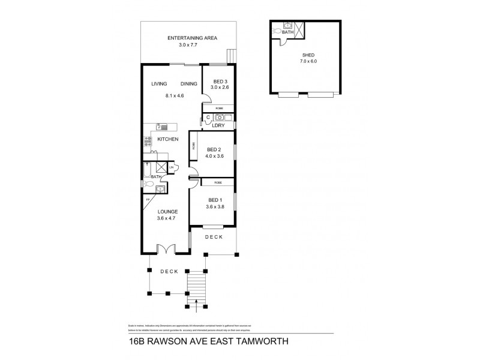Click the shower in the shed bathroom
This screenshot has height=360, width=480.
299,28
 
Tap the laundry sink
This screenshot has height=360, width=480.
220,117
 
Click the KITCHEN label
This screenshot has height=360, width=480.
169,139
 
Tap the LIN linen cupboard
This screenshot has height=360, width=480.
171,167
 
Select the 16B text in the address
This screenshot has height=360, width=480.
139,342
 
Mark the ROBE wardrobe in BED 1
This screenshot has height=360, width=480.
217,181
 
